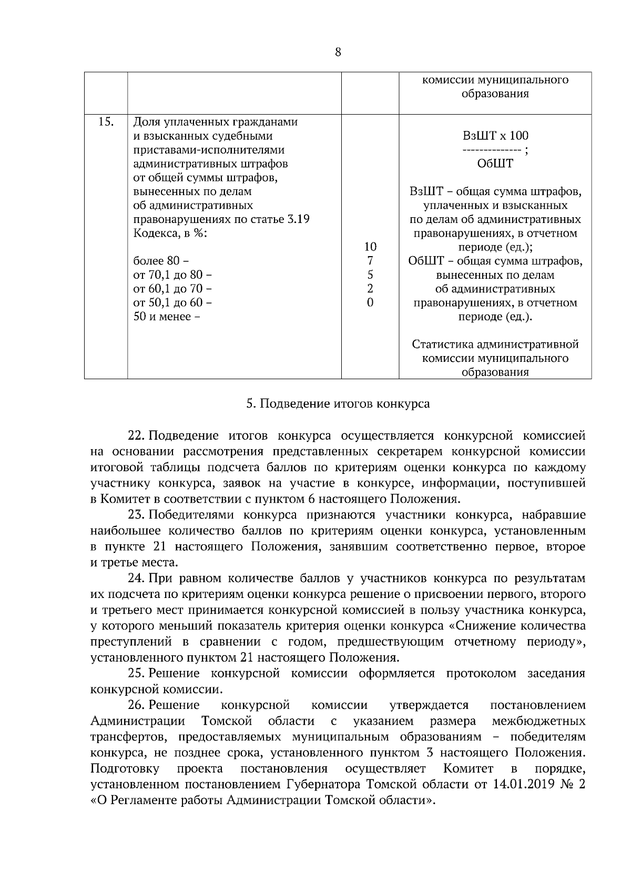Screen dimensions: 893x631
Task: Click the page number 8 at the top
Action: pos(338,52)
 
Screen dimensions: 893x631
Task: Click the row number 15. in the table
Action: pos(106,122)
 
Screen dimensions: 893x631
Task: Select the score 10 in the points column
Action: pos(370,247)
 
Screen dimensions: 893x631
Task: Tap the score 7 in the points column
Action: pos(370,261)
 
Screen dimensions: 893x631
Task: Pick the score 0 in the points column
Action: pos(370,302)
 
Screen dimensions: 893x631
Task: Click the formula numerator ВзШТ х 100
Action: pos(495,136)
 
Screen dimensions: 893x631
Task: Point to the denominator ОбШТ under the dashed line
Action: pos(495,164)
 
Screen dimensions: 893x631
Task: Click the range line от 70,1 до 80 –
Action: pos(173,275)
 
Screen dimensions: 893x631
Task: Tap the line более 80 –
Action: pos(161,261)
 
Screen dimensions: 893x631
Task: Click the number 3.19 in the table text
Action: pos(298,219)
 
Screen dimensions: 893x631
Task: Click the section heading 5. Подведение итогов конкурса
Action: pos(338,404)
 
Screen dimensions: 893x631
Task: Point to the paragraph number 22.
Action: pos(136,436)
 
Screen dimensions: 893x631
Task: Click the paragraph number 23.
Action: pos(136,515)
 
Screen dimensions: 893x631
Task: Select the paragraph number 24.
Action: pos(136,579)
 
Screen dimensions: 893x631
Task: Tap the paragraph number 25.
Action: pos(136,674)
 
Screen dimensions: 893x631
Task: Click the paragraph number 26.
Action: pos(136,705)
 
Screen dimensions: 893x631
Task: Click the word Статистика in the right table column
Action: pos(442,344)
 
